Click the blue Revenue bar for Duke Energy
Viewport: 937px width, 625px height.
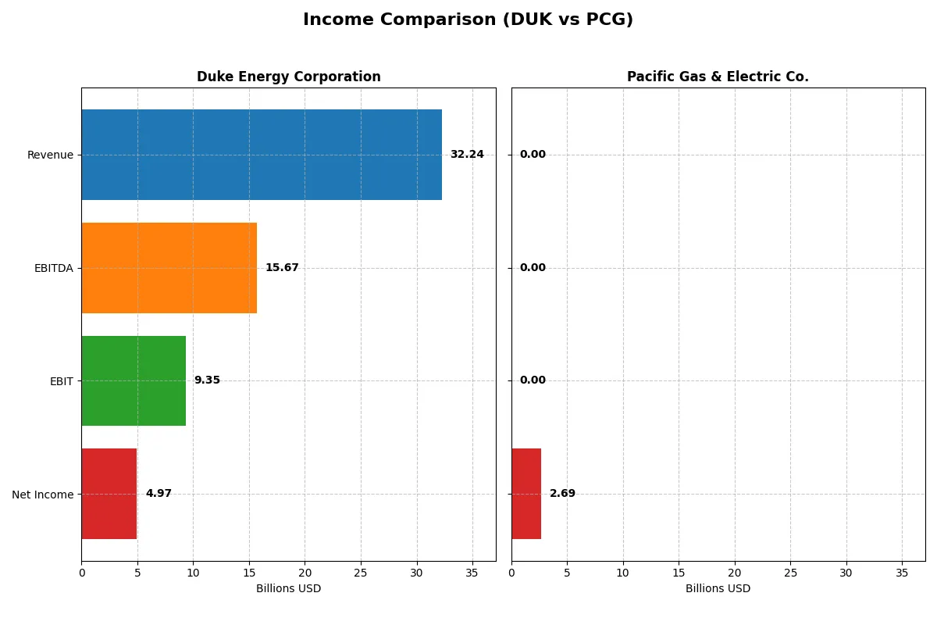coord(262,155)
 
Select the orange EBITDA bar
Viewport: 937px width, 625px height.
coord(169,268)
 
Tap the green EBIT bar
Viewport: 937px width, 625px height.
coord(134,380)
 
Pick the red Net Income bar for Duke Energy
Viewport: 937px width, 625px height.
coord(109,494)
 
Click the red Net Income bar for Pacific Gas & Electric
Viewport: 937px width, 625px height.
coord(526,494)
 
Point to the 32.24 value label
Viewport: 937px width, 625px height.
coord(467,155)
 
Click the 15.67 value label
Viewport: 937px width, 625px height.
coord(282,268)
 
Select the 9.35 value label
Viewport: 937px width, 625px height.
coord(207,380)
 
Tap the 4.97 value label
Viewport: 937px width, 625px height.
coord(159,494)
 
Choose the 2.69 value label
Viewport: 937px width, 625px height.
coord(562,494)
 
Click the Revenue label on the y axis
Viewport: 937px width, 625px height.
coord(50,155)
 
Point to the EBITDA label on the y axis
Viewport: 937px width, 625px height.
coord(53,268)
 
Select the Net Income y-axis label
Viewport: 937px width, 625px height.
coord(43,495)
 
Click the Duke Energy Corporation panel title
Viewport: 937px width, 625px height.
coord(289,77)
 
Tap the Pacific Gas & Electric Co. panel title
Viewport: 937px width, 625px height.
coord(718,77)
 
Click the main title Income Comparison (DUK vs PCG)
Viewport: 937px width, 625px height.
coord(468,20)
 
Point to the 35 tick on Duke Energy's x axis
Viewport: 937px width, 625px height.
coord(472,573)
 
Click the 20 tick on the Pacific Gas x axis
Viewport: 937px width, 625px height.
coord(734,573)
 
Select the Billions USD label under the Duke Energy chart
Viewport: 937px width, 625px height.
coord(288,589)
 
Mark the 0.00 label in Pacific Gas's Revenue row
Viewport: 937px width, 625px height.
coord(533,155)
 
